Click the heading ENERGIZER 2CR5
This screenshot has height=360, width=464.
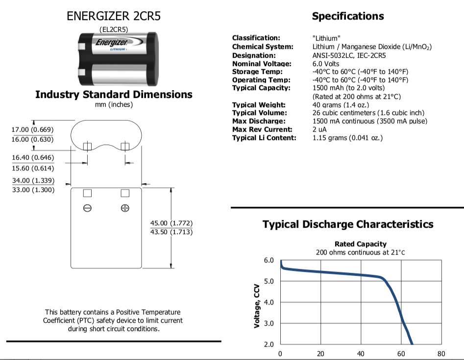point(114,16)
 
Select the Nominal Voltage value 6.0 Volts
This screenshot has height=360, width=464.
point(326,64)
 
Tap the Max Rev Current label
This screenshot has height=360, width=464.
point(262,129)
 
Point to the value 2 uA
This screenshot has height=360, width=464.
point(319,129)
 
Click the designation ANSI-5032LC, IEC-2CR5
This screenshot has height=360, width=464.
point(349,55)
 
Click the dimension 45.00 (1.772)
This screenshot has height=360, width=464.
point(171,223)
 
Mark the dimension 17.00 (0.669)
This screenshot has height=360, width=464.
point(32,130)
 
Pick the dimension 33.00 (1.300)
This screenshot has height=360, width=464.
point(33,190)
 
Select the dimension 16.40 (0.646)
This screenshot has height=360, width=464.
point(33,157)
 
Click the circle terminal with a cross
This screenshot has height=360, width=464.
point(125,208)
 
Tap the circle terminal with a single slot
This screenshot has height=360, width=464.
point(87,208)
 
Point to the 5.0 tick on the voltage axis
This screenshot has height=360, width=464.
point(269,281)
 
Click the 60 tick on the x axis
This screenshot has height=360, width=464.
point(401,354)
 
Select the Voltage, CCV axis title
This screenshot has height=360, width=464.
point(257,306)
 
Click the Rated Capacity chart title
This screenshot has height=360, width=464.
point(361,244)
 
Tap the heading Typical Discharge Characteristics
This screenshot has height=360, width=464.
point(348,224)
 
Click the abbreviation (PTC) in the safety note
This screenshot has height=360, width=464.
point(86,320)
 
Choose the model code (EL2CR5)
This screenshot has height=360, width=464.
point(114,29)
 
